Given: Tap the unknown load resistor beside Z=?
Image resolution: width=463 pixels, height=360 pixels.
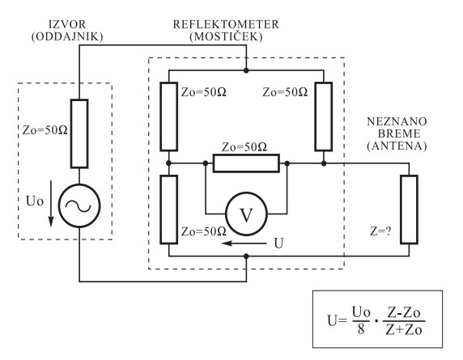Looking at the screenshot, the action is click(409, 210).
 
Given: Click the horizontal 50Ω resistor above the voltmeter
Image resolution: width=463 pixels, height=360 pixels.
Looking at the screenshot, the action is click(246, 163).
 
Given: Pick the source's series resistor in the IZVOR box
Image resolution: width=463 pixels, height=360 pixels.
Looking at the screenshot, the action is click(79, 133).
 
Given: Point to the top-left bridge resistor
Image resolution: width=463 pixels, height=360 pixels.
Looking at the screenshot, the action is click(168, 116).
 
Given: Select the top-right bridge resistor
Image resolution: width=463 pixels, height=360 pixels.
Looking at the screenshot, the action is click(324, 116).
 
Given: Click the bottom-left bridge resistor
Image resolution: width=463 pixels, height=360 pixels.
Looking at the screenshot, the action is click(168, 210).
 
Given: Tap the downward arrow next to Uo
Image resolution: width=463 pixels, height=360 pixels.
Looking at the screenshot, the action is click(51, 204).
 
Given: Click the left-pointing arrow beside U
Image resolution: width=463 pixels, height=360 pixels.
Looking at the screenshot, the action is click(244, 244).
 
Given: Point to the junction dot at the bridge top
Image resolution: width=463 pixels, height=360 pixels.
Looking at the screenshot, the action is click(246, 70).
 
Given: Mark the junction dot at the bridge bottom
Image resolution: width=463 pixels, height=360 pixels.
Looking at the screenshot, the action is click(246, 256).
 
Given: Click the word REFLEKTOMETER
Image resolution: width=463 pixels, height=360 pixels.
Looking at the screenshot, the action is click(226, 24).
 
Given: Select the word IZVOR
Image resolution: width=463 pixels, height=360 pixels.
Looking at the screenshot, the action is click(67, 24).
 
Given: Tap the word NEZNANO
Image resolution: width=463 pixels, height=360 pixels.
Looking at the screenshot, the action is click(397, 121).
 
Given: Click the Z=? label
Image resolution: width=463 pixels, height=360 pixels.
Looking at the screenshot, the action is click(380, 231).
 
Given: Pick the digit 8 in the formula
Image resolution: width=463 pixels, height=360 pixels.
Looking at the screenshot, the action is click(361, 329).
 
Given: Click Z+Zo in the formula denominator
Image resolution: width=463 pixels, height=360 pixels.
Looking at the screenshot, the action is click(404, 330).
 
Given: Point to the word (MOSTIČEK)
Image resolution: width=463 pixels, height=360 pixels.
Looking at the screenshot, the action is click(226, 37).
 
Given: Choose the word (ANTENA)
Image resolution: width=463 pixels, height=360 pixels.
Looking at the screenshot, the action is click(397, 146).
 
